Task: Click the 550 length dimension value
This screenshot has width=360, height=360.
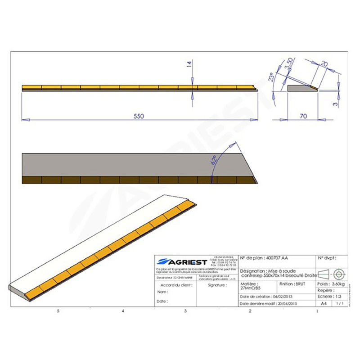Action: (x=138, y=116)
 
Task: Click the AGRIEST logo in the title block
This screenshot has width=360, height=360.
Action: (x=181, y=261)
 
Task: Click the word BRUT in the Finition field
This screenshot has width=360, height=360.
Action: (x=301, y=284)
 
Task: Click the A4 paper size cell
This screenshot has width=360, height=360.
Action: (x=323, y=304)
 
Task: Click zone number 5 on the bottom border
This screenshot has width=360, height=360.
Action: (x=58, y=311)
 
